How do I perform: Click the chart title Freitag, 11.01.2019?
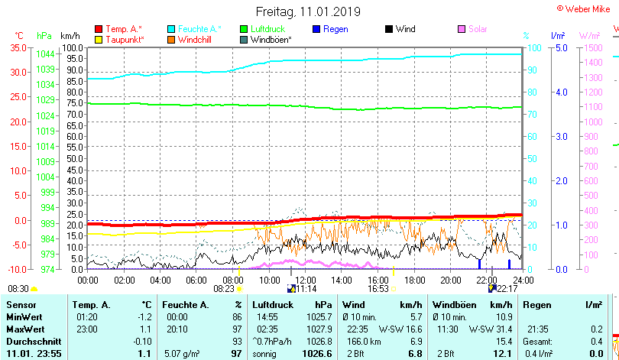[308, 11]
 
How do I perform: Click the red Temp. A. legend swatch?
[98, 29]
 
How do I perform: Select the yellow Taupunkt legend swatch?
[98, 39]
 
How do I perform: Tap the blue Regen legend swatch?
[316, 29]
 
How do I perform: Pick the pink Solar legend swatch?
[462, 29]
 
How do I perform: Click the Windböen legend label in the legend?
[271, 39]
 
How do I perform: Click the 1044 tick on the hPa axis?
[45, 54]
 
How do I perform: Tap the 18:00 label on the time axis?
[414, 281]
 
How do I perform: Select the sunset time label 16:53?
[379, 289]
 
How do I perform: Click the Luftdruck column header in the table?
[271, 305]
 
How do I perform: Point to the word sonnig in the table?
[267, 354]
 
